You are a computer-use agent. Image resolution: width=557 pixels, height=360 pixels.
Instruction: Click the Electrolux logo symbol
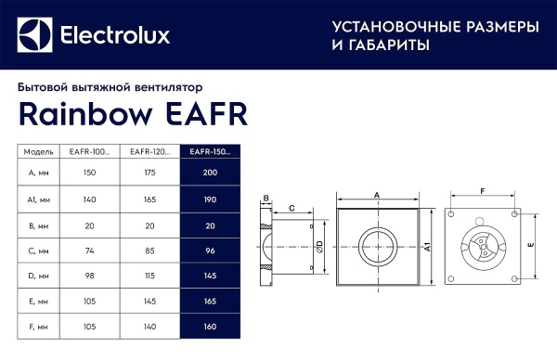click(36, 35)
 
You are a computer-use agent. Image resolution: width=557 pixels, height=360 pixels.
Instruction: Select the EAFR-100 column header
click(91, 151)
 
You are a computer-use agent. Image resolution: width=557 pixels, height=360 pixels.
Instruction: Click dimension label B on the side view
click(266, 199)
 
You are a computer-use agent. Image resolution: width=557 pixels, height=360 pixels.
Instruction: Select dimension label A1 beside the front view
click(427, 247)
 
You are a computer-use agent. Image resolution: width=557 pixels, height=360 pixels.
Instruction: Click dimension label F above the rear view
click(482, 190)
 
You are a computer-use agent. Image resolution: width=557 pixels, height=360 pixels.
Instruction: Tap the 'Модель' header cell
click(39, 151)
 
